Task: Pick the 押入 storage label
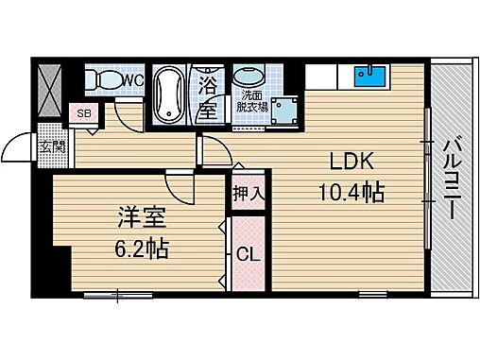tap(248, 195)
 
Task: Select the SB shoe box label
tap(82, 114)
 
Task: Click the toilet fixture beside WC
tap(98, 81)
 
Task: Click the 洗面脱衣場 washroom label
tap(252, 101)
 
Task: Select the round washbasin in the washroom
tap(250, 77)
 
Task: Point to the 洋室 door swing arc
tap(180, 184)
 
